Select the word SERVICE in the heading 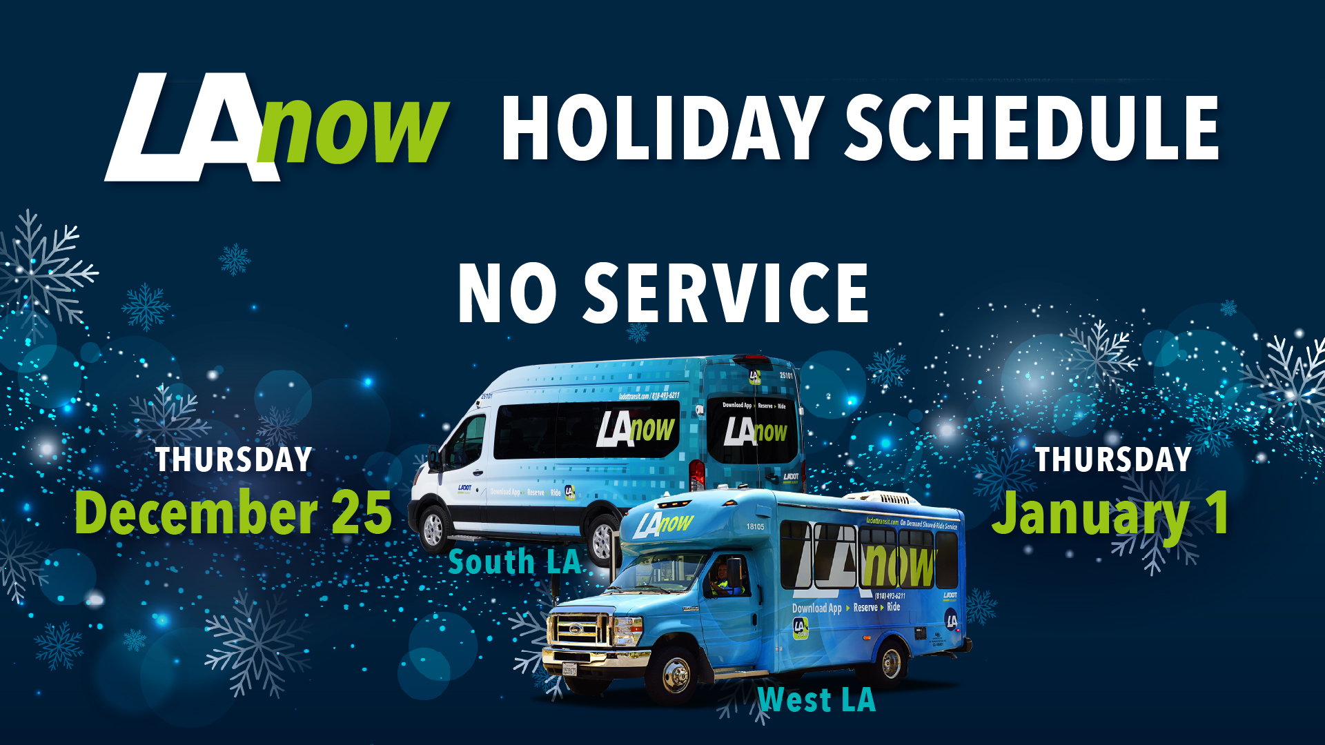[x=726, y=293]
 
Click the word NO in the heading [x=507, y=293]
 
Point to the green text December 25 [x=233, y=513]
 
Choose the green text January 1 [x=1110, y=514]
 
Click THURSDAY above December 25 [x=234, y=460]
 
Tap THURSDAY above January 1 [x=1113, y=459]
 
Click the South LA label [x=515, y=562]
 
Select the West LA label [x=816, y=700]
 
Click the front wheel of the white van [x=433, y=529]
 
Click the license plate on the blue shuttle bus [x=569, y=669]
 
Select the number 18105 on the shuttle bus [x=755, y=527]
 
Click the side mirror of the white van [x=435, y=458]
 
